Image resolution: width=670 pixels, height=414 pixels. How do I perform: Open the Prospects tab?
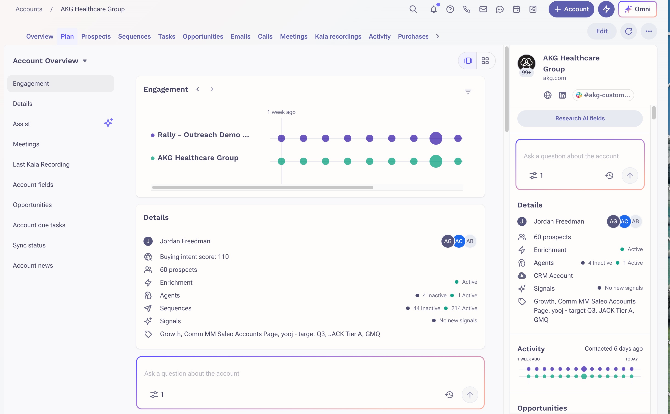96,37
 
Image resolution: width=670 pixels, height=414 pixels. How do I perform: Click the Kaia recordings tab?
338,37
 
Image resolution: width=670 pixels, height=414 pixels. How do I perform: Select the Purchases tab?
413,37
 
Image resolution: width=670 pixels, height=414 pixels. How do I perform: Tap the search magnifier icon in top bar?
413,9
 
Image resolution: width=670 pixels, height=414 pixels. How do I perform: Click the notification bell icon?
433,9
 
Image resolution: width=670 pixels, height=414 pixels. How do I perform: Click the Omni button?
637,9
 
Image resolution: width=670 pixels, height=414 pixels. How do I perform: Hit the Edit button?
602,31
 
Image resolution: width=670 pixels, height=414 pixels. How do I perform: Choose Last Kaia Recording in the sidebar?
41,164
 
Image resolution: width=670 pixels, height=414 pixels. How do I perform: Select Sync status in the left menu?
29,245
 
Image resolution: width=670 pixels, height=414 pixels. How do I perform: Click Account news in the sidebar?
33,266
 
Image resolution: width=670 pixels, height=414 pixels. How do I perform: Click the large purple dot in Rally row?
436,138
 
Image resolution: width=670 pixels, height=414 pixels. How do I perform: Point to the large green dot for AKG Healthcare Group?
436,161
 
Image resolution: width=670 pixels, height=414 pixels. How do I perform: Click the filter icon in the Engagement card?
468,92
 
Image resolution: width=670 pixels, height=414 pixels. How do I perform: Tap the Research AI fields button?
580,118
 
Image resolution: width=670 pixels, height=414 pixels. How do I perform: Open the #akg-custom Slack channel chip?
603,95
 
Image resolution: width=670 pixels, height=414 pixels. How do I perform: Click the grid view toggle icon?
485,60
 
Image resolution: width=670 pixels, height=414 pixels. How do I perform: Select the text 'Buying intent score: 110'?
194,257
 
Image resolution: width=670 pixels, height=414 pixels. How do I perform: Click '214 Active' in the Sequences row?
464,308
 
